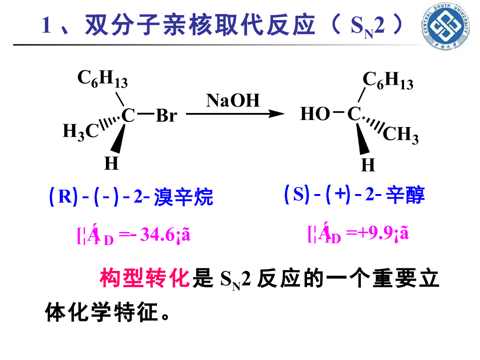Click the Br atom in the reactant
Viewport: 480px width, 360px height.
[166, 115]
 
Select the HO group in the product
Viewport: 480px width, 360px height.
[315, 114]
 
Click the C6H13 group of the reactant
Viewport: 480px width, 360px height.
[102, 79]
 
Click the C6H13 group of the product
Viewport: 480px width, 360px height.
[388, 81]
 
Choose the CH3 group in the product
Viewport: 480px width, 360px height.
[401, 135]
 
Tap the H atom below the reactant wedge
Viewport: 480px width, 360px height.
[111, 164]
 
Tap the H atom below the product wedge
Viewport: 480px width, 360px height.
[368, 165]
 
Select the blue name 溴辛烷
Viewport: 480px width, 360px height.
[184, 197]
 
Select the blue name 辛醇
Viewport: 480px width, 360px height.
[405, 195]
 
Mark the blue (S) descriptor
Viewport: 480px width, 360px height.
[298, 194]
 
